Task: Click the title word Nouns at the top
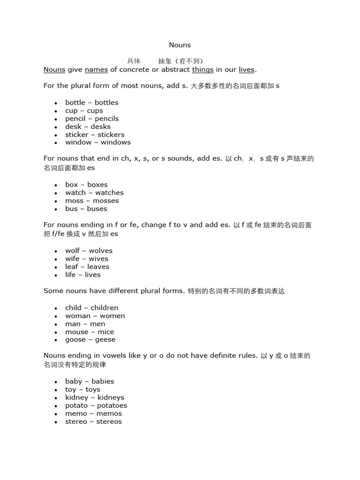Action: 180,45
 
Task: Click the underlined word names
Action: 96,70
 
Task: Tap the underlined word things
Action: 202,70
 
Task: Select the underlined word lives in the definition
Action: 247,70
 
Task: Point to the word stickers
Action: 111,135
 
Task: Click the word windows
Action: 116,142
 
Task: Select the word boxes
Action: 97,185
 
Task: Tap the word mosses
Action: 106,201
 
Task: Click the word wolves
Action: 101,251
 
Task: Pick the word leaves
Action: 98,267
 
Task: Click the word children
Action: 105,308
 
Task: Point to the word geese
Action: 105,340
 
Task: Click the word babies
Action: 103,382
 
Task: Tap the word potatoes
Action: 112,405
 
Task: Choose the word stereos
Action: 109,421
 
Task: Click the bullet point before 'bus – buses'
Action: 56,209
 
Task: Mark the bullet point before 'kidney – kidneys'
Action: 56,398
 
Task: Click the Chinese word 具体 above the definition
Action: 134,61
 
